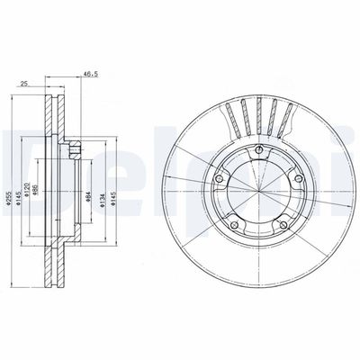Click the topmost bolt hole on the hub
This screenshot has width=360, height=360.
257,150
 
